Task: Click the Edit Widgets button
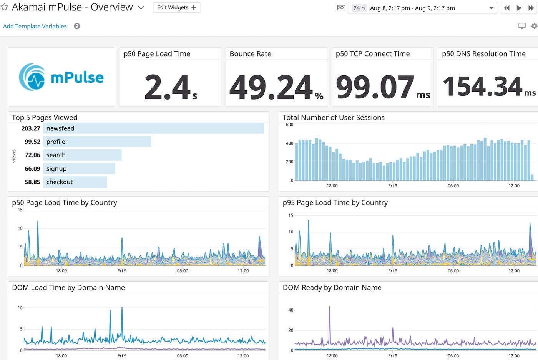(176, 8)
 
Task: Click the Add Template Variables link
(35, 26)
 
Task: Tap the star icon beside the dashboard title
(5, 7)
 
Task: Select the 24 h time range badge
(359, 8)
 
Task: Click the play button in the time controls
(519, 8)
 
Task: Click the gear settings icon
(534, 26)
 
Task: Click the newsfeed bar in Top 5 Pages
(154, 128)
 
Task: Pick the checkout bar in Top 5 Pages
(75, 182)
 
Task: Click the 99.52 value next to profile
(32, 142)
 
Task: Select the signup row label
(56, 168)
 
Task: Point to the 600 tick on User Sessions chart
(289, 125)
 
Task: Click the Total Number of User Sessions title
(334, 118)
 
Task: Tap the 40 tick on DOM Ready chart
(291, 310)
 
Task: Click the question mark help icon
(77, 26)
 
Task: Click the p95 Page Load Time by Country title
(335, 203)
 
